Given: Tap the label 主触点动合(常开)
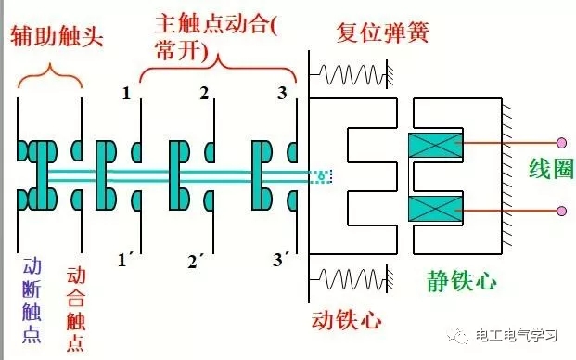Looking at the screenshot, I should coord(215,37).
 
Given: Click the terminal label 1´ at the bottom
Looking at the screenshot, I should coord(125,261).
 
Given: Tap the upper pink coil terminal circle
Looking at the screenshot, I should coord(561,144).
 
